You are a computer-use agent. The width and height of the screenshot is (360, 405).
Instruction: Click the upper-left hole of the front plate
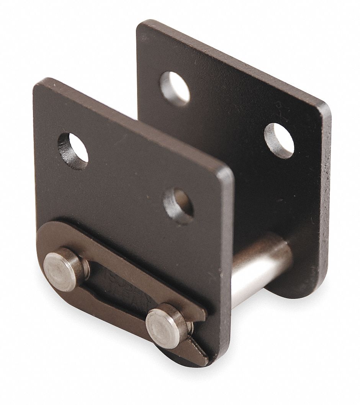pos(73,147)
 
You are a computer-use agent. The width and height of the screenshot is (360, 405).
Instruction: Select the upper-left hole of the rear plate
pos(175,87)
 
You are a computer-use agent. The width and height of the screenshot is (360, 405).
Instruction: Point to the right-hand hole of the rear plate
pos(280,140)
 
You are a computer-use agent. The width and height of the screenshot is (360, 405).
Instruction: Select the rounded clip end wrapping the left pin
pos(46,245)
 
